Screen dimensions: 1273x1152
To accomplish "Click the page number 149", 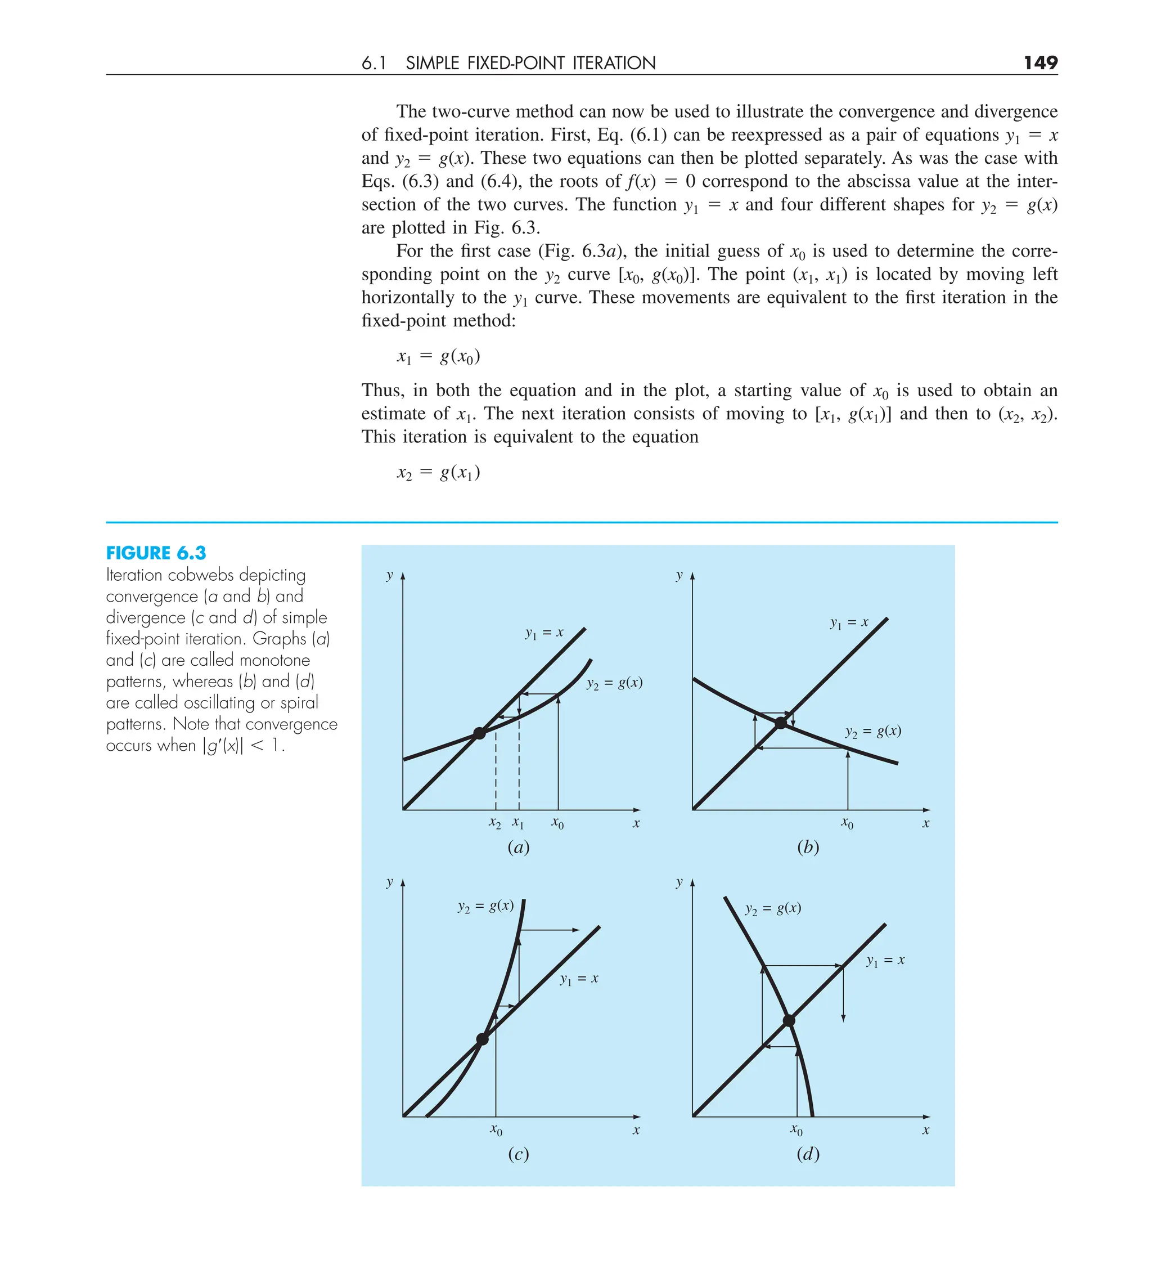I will (x=1039, y=62).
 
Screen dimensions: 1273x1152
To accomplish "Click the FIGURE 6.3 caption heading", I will (x=156, y=553).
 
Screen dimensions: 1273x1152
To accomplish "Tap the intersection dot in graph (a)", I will (x=480, y=733).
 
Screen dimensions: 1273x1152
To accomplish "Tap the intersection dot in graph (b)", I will (x=781, y=723).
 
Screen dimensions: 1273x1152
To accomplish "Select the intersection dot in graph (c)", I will (x=482, y=1039).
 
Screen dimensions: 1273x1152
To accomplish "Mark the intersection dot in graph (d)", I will (x=789, y=1020).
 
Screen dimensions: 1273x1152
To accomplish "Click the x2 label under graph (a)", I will (x=495, y=823).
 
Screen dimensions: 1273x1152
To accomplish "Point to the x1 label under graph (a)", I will (x=517, y=823).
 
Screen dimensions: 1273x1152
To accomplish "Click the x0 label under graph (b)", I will (x=847, y=823).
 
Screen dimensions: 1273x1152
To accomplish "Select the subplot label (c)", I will (x=518, y=1154).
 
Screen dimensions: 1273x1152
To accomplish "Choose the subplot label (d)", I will (x=808, y=1154).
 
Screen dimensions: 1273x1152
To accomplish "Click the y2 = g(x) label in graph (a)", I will (x=614, y=683).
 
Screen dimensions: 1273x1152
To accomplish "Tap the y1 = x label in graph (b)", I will (x=849, y=623).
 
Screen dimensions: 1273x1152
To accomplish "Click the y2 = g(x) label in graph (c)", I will (x=485, y=906).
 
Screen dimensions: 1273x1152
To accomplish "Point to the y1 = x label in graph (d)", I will (x=885, y=961).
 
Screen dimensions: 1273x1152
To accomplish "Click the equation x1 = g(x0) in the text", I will (x=438, y=357).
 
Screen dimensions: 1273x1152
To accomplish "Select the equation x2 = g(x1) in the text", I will (x=438, y=472).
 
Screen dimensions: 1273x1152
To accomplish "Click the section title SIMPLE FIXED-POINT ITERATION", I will (x=530, y=63).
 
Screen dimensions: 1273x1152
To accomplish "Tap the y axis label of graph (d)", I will (x=679, y=881).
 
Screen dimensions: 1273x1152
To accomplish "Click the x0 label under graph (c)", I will (x=496, y=1129).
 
